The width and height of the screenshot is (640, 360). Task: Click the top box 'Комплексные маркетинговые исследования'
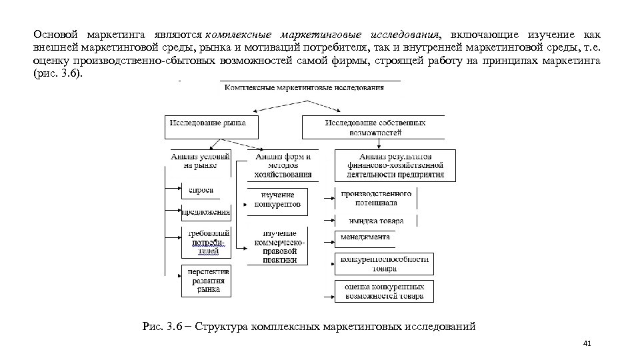310,87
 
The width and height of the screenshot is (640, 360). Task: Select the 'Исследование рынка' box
208,123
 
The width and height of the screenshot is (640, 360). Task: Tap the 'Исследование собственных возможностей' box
375,127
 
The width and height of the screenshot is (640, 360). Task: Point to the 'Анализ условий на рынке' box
200,161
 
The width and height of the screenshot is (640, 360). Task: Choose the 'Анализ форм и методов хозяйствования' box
283,165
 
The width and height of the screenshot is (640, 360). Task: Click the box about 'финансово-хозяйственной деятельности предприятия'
395,165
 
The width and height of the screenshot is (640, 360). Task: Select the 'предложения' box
206,213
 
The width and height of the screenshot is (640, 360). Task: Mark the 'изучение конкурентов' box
277,200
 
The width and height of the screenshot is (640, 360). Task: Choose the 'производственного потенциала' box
377,198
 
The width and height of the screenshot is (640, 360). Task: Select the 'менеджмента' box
365,237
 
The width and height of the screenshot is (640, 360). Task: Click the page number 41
587,344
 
